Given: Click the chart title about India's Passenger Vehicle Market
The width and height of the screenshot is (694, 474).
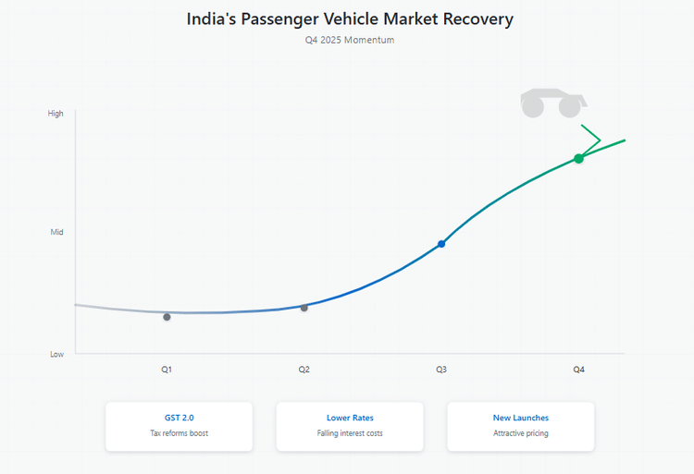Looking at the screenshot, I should click(x=349, y=18).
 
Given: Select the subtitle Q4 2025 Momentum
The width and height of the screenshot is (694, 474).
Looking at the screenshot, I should click(x=349, y=40).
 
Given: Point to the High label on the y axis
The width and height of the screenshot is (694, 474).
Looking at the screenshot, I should click(x=56, y=114).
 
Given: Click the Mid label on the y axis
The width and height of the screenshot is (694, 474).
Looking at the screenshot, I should click(x=57, y=232).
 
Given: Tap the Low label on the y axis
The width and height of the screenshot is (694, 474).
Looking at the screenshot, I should click(x=57, y=354).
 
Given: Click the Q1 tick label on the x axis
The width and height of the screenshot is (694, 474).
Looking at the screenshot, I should click(x=167, y=370).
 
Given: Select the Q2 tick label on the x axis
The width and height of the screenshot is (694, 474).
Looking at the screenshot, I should click(x=304, y=370).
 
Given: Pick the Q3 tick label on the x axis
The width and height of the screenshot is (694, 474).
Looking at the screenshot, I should click(x=441, y=370).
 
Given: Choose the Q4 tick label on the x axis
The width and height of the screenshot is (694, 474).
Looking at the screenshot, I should click(x=578, y=370).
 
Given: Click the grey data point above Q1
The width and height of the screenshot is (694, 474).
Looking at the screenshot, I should click(x=167, y=317).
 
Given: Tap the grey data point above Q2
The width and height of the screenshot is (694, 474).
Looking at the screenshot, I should click(x=304, y=308).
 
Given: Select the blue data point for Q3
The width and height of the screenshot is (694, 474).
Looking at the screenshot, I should click(x=441, y=244).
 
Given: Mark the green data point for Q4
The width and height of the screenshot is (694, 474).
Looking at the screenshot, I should click(x=578, y=159).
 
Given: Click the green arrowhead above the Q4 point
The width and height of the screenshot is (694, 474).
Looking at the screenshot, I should click(x=592, y=140).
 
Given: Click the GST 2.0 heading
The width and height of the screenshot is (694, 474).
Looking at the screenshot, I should click(x=179, y=418).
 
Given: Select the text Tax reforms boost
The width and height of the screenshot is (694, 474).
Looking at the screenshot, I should click(x=179, y=433).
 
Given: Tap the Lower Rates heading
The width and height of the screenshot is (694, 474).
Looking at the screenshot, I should click(x=350, y=418).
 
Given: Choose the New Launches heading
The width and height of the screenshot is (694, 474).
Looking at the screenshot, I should click(x=520, y=418).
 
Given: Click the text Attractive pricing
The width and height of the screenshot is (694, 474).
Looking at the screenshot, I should click(x=520, y=433).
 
